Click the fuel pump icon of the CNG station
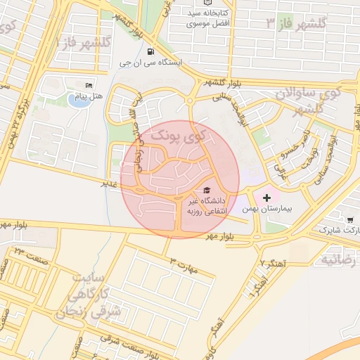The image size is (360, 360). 150,51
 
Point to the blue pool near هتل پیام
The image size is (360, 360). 75,99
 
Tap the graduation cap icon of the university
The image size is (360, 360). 207,190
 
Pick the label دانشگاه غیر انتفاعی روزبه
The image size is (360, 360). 203,205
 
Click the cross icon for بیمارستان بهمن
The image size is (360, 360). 266,198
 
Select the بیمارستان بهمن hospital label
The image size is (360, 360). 266,210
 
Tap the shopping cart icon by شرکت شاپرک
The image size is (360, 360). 350,219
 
